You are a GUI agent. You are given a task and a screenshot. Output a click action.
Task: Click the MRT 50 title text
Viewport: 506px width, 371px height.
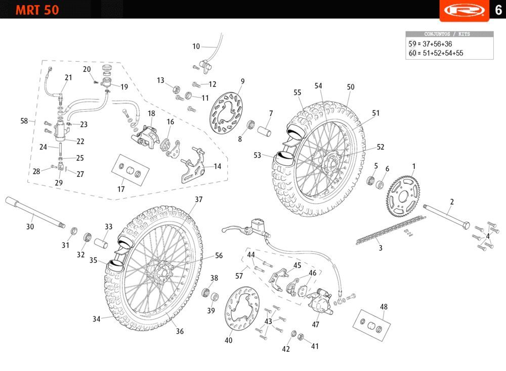[37, 10]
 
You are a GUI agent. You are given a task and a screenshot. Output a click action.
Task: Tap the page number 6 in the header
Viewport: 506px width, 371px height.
[498, 10]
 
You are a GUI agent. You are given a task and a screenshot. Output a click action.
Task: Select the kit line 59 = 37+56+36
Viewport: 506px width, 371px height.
[430, 44]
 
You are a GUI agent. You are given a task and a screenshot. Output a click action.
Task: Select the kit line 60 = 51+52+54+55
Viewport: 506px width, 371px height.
[436, 53]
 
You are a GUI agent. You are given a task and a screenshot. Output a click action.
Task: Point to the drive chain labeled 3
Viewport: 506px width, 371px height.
[390, 230]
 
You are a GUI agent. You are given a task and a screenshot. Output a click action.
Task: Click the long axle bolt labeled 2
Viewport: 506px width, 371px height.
[448, 215]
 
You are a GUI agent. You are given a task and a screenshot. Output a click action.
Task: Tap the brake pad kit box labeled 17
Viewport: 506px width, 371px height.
[129, 169]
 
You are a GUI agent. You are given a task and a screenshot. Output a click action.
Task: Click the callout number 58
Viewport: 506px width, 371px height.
[24, 121]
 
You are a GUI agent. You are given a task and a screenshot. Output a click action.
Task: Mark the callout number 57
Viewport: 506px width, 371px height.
[239, 276]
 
